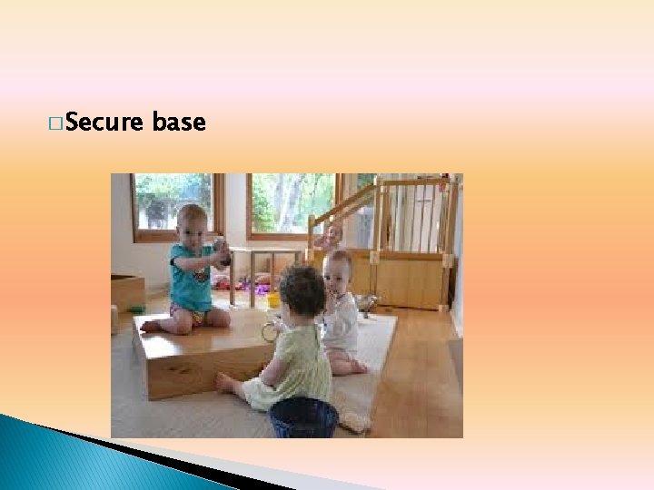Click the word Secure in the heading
click(104, 122)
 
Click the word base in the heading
click(180, 122)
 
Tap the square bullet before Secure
click(57, 122)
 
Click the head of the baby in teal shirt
click(193, 222)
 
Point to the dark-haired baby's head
click(302, 290)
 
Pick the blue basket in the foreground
click(303, 418)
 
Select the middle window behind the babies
click(291, 204)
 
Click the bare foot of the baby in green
click(224, 383)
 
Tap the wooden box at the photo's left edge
click(127, 292)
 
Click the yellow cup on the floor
click(273, 300)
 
